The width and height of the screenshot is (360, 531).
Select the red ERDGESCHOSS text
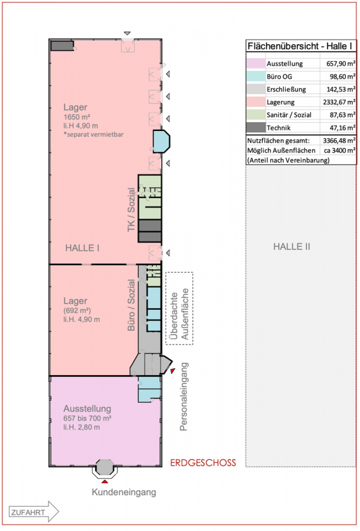(x=203, y=462)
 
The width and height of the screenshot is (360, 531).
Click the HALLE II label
(x=292, y=247)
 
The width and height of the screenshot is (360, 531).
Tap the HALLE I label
(x=82, y=248)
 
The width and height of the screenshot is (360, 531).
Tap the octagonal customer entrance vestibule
(x=106, y=468)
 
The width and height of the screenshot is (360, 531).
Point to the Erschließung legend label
(x=287, y=89)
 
